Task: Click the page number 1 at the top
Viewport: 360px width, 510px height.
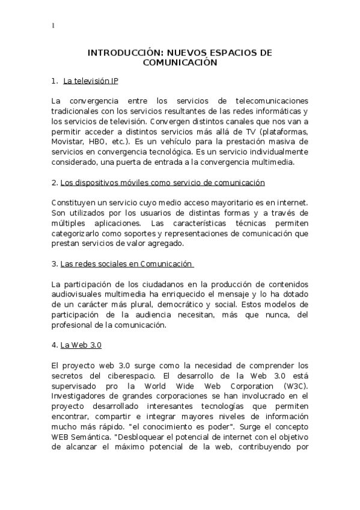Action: click(x=53, y=26)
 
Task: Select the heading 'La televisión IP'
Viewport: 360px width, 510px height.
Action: click(x=94, y=81)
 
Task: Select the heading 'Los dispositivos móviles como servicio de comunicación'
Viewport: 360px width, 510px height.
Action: click(x=162, y=182)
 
